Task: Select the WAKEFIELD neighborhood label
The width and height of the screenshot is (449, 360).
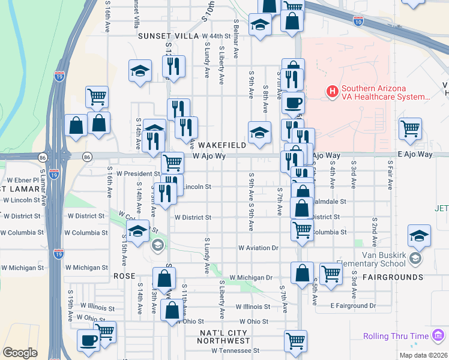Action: (x=222, y=145)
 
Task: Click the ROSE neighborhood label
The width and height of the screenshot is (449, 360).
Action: (x=124, y=276)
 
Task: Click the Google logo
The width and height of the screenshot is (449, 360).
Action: (x=20, y=353)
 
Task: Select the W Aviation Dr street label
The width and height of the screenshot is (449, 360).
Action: (x=259, y=247)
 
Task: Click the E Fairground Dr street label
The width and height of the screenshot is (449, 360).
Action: (x=353, y=306)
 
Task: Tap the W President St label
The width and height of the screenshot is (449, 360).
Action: (x=138, y=173)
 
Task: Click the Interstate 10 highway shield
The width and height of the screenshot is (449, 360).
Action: (x=358, y=22)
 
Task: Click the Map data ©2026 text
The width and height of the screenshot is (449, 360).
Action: (x=423, y=355)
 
